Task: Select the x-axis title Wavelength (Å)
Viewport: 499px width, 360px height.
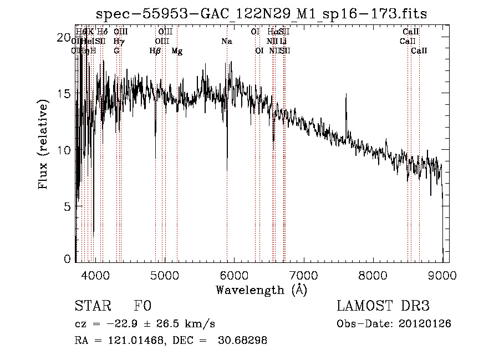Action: coord(261,290)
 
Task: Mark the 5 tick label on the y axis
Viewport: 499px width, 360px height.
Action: coord(67,206)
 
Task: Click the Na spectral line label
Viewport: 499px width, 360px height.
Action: coord(227,41)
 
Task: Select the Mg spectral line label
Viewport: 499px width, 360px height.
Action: coord(177,51)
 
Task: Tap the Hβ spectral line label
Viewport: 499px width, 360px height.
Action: coord(155,51)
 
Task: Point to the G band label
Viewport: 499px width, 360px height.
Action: coord(116,51)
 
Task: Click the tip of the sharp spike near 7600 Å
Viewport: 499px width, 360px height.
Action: coord(347,95)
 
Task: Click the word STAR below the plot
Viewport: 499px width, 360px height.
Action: coord(93,306)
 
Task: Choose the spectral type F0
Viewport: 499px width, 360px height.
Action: coord(142,306)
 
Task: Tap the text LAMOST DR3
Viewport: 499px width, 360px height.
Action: coord(383,306)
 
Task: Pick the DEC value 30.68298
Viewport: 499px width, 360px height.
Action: coord(244,341)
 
